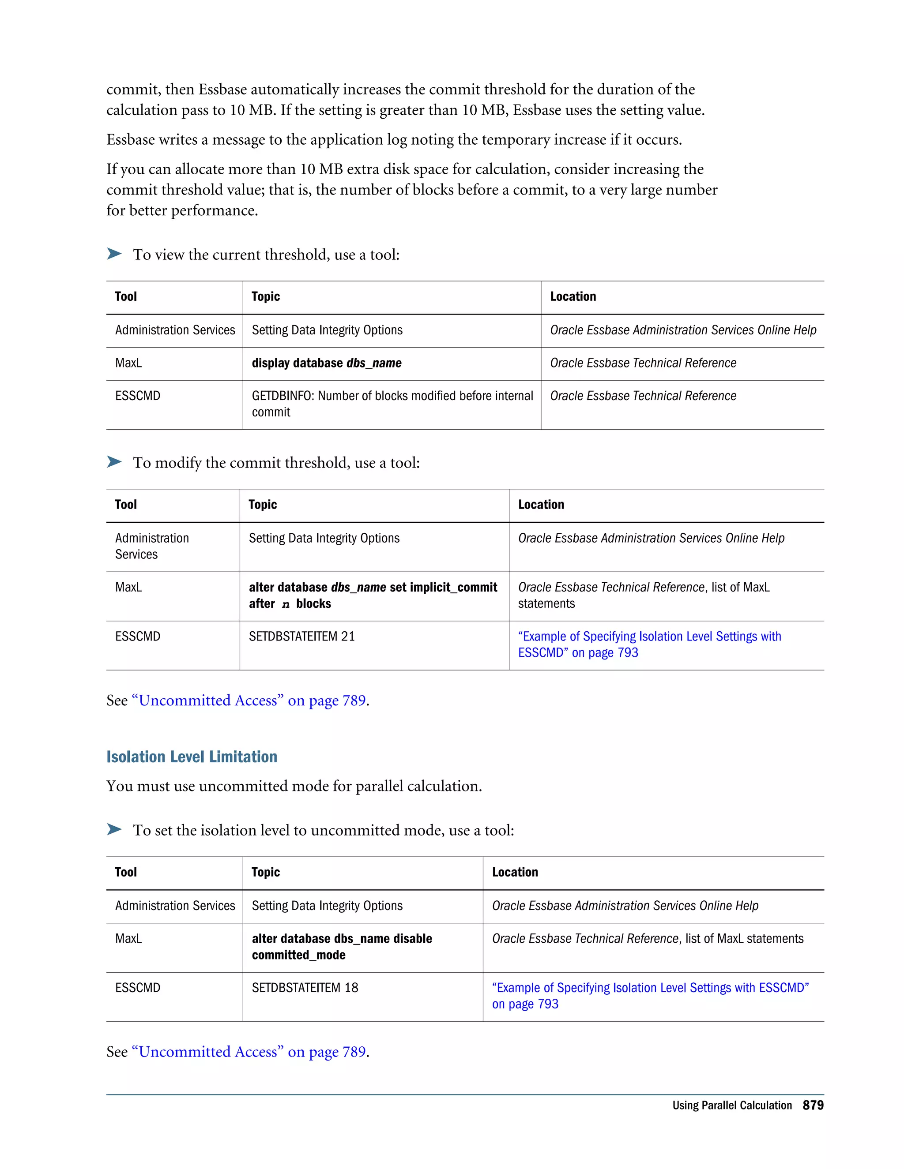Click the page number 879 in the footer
tap(813, 1105)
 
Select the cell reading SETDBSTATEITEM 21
tap(301, 637)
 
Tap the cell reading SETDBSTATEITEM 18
tap(305, 988)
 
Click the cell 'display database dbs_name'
tap(326, 363)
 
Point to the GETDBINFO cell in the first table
tap(392, 404)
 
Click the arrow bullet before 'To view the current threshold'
tap(114, 254)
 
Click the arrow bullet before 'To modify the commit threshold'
tap(114, 462)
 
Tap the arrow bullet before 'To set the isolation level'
tap(114, 830)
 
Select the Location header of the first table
tap(573, 296)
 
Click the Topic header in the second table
tap(263, 505)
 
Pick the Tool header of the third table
tap(126, 873)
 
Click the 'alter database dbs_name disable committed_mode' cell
tap(342, 946)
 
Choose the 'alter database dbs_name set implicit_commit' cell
tap(373, 595)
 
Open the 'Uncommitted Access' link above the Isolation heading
tap(249, 701)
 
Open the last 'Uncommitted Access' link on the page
tap(249, 1052)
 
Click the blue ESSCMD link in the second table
tap(649, 644)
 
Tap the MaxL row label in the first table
tap(128, 363)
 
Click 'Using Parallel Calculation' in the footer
tap(731, 1105)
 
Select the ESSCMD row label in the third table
tap(138, 988)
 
